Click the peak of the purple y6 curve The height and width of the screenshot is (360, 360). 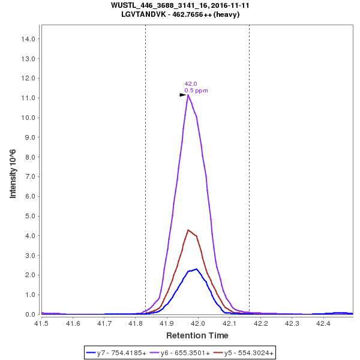coord(188,95)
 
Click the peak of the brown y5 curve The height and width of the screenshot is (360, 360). coord(188,230)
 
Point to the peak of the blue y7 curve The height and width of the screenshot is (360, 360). coord(196,269)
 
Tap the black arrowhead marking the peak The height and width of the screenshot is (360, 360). coord(184,95)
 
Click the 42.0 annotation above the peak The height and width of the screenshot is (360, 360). coord(191,84)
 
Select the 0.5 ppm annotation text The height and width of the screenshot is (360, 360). coord(196,91)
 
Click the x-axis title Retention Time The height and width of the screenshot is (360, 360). coord(197,335)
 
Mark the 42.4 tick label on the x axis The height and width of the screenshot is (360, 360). coord(323,323)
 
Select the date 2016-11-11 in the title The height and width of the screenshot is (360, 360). coord(228,5)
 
